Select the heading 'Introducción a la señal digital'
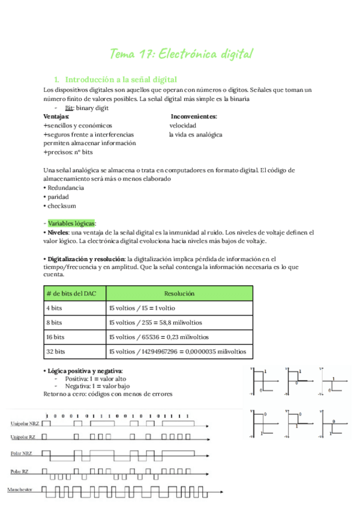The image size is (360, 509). click(x=120, y=79)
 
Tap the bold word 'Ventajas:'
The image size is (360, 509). click(x=56, y=116)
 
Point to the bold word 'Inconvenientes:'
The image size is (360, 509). click(x=194, y=116)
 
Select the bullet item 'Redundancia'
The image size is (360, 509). click(x=65, y=187)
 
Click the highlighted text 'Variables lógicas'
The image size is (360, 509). click(x=71, y=223)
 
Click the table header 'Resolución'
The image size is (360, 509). click(x=179, y=294)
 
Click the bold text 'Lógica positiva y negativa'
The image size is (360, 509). click(x=85, y=371)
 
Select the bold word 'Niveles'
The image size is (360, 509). click(x=58, y=232)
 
